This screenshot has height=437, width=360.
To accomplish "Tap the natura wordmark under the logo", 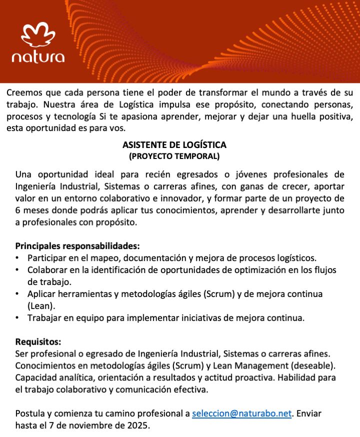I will [38, 56].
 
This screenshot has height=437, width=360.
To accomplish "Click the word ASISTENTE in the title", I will [144, 145].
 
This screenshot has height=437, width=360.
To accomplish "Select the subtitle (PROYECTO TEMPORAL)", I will [174, 156].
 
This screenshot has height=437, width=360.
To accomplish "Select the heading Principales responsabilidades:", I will [77, 246].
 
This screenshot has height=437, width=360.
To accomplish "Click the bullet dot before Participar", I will [17, 258].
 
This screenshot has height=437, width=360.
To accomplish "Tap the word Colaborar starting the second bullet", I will [46, 270].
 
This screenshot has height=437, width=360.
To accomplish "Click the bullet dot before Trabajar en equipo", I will [17, 317].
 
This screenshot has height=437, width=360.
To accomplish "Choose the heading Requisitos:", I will [38, 342].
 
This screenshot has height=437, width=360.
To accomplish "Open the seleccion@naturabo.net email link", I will [241, 414].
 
